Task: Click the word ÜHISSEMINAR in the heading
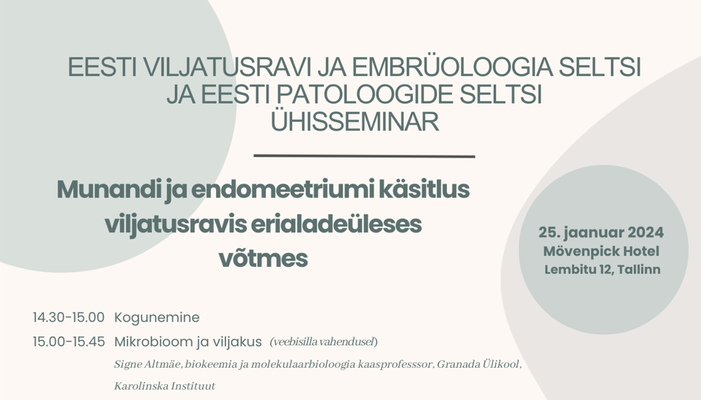point(355,121)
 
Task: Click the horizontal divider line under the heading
point(364,156)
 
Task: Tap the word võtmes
point(263,258)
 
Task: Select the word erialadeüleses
point(336,224)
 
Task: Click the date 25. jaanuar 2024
point(601,232)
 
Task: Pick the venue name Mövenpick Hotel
point(601,251)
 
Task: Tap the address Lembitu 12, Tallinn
point(602,270)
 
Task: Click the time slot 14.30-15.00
point(68,317)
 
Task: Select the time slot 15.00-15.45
point(69,342)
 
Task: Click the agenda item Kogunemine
point(157,318)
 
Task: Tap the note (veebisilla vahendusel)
point(324,342)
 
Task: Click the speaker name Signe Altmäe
point(148,364)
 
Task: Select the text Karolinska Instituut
point(165,386)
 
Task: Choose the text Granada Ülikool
point(478,364)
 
